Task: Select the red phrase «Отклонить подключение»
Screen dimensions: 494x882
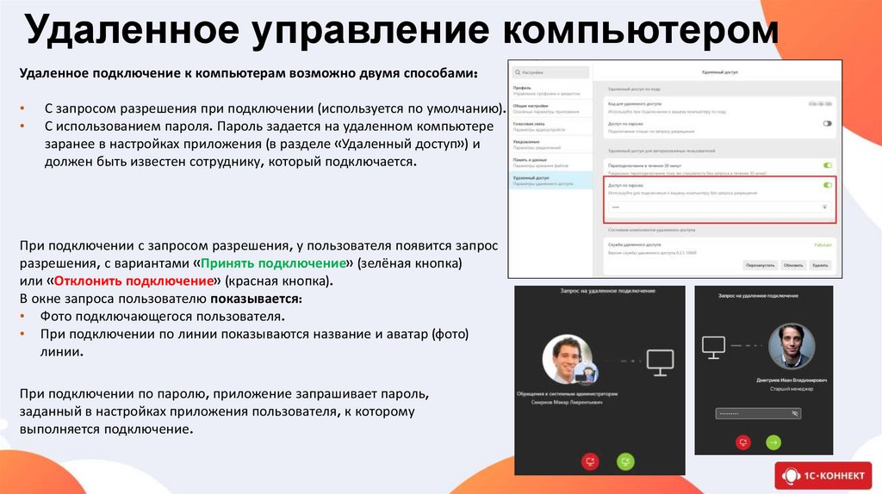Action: (x=133, y=281)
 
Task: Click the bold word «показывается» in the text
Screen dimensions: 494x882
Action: (x=255, y=299)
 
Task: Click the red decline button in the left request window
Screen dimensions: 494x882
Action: (x=590, y=460)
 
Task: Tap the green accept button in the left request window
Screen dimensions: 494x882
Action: (x=624, y=460)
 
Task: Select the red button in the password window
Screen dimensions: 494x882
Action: (x=742, y=442)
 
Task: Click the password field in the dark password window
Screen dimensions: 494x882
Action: (x=759, y=413)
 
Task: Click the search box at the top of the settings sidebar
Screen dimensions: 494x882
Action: (x=551, y=72)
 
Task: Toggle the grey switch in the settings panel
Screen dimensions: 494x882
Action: (x=827, y=124)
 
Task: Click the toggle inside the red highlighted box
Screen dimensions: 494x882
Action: (x=828, y=184)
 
